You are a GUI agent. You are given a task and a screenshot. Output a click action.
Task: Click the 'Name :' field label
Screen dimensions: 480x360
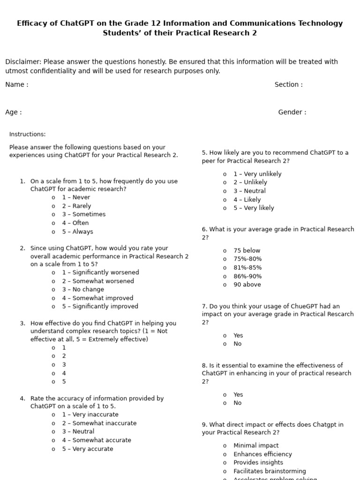click(x=17, y=85)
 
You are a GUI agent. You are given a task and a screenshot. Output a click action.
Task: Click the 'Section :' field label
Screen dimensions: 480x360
click(x=288, y=85)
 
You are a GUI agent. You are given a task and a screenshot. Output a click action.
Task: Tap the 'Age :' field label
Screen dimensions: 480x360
click(x=14, y=112)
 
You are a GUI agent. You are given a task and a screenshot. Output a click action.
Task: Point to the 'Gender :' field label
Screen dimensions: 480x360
click(x=292, y=112)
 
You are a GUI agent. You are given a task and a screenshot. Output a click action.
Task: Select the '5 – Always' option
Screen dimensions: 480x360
click(x=77, y=232)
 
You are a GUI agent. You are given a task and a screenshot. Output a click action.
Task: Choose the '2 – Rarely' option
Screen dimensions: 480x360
click(x=76, y=206)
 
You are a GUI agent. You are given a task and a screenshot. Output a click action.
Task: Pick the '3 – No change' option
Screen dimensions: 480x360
click(x=83, y=290)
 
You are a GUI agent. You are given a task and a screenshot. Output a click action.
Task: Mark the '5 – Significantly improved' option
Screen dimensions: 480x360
click(x=100, y=307)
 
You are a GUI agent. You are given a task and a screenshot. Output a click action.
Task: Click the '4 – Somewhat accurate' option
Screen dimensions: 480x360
click(x=97, y=440)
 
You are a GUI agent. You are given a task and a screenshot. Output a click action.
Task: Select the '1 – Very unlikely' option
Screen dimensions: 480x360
click(x=257, y=174)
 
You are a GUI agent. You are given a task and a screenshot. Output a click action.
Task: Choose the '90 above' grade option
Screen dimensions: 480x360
click(x=247, y=285)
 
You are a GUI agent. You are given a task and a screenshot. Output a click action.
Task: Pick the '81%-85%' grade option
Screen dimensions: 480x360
click(x=247, y=268)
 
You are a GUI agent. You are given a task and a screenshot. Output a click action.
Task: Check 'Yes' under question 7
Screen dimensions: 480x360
click(x=238, y=336)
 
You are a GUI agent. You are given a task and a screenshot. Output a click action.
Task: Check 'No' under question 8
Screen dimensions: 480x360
click(x=238, y=403)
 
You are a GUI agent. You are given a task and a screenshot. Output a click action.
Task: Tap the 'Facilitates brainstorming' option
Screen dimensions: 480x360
click(x=270, y=471)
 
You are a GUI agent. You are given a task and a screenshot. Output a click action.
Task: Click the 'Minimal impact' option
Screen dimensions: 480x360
click(x=256, y=446)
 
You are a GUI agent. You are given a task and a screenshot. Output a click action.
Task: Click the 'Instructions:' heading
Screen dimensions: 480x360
click(x=28, y=135)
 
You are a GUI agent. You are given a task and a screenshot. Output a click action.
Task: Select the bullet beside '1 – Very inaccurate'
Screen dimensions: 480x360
click(x=53, y=415)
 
